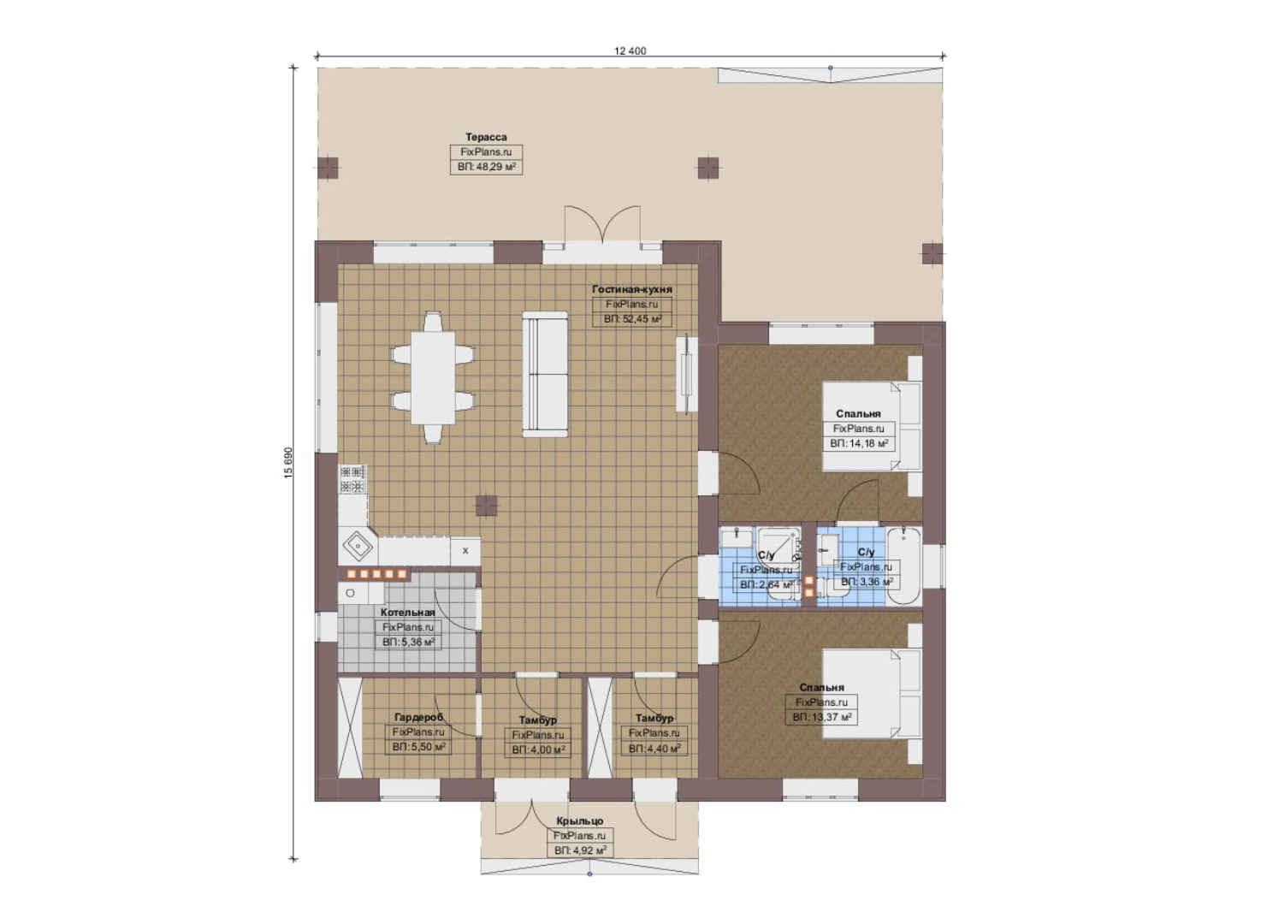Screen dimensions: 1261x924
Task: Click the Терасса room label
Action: (486, 137)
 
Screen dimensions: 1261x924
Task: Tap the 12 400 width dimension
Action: (630, 50)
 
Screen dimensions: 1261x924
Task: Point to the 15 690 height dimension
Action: (288, 463)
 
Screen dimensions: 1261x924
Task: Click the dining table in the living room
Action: (432, 377)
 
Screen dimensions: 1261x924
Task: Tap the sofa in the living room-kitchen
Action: (545, 374)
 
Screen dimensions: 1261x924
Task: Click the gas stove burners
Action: (352, 479)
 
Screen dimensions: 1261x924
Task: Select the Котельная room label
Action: (407, 612)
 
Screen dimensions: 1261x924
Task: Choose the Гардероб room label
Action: (419, 717)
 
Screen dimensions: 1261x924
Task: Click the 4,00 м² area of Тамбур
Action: (538, 750)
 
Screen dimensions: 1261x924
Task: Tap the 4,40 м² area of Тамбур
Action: (654, 749)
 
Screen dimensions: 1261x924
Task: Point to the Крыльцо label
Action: (580, 821)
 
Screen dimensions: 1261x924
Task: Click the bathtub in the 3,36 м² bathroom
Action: (903, 566)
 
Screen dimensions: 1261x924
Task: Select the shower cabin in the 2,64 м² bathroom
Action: (778, 543)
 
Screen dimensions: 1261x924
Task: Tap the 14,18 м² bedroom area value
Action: (859, 444)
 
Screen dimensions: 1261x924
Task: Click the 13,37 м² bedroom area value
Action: (821, 717)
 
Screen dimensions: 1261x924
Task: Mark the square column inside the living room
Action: (486, 506)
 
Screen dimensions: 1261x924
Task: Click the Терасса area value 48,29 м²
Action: (487, 167)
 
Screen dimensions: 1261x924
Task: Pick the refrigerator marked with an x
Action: (465, 550)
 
